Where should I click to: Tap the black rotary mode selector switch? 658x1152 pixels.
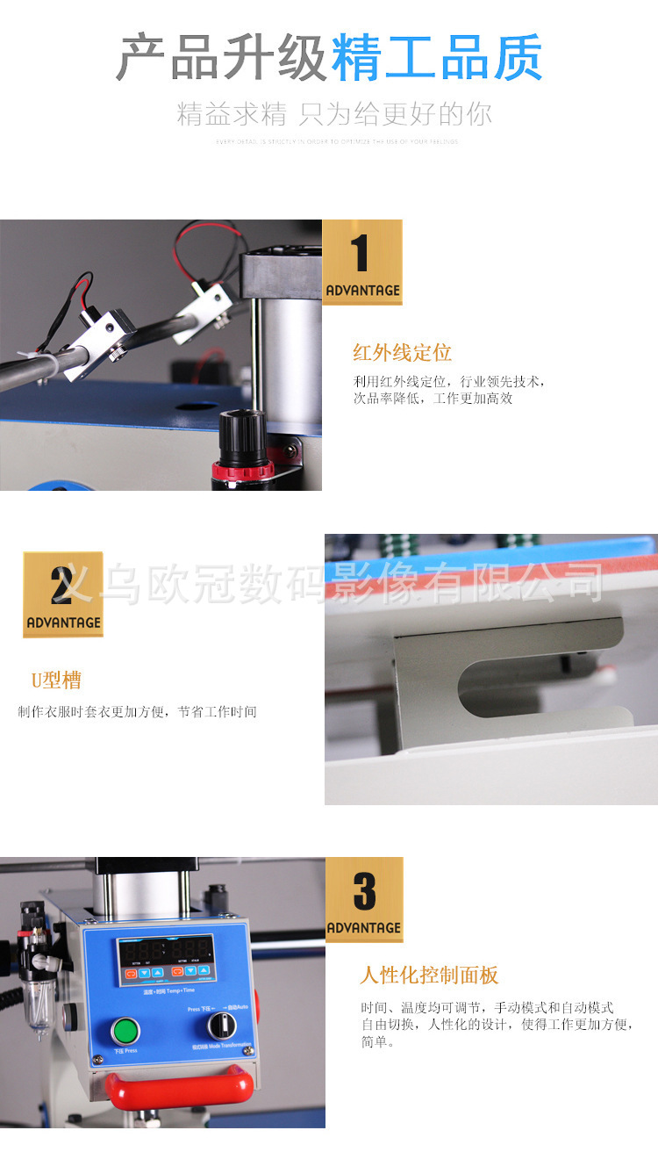point(222,1025)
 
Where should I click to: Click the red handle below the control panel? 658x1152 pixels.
point(180,1087)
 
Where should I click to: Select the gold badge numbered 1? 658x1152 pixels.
point(362,262)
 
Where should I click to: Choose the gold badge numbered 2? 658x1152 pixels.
point(63,594)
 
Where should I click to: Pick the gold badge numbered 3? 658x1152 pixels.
point(364,899)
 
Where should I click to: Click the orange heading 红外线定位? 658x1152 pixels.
point(402,353)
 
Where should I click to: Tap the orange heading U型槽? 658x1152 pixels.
point(56,680)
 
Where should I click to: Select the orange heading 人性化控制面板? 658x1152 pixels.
point(429,975)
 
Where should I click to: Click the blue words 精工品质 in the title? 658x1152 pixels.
point(436,58)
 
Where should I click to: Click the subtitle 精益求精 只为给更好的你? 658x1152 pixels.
point(334,114)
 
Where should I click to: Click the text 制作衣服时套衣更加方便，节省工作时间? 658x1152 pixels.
point(137,712)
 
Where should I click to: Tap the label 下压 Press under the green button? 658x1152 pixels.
point(125,1050)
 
